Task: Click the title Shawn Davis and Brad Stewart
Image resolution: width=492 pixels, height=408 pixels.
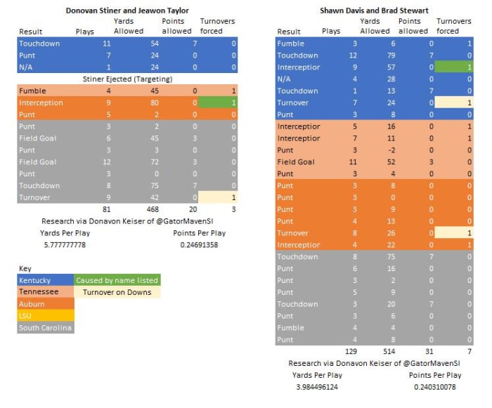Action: click(375, 11)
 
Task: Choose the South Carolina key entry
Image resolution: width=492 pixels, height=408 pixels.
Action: click(44, 328)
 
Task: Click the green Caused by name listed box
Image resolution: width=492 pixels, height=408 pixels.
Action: click(117, 280)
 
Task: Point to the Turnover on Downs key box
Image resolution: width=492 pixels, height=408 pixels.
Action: click(117, 292)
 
